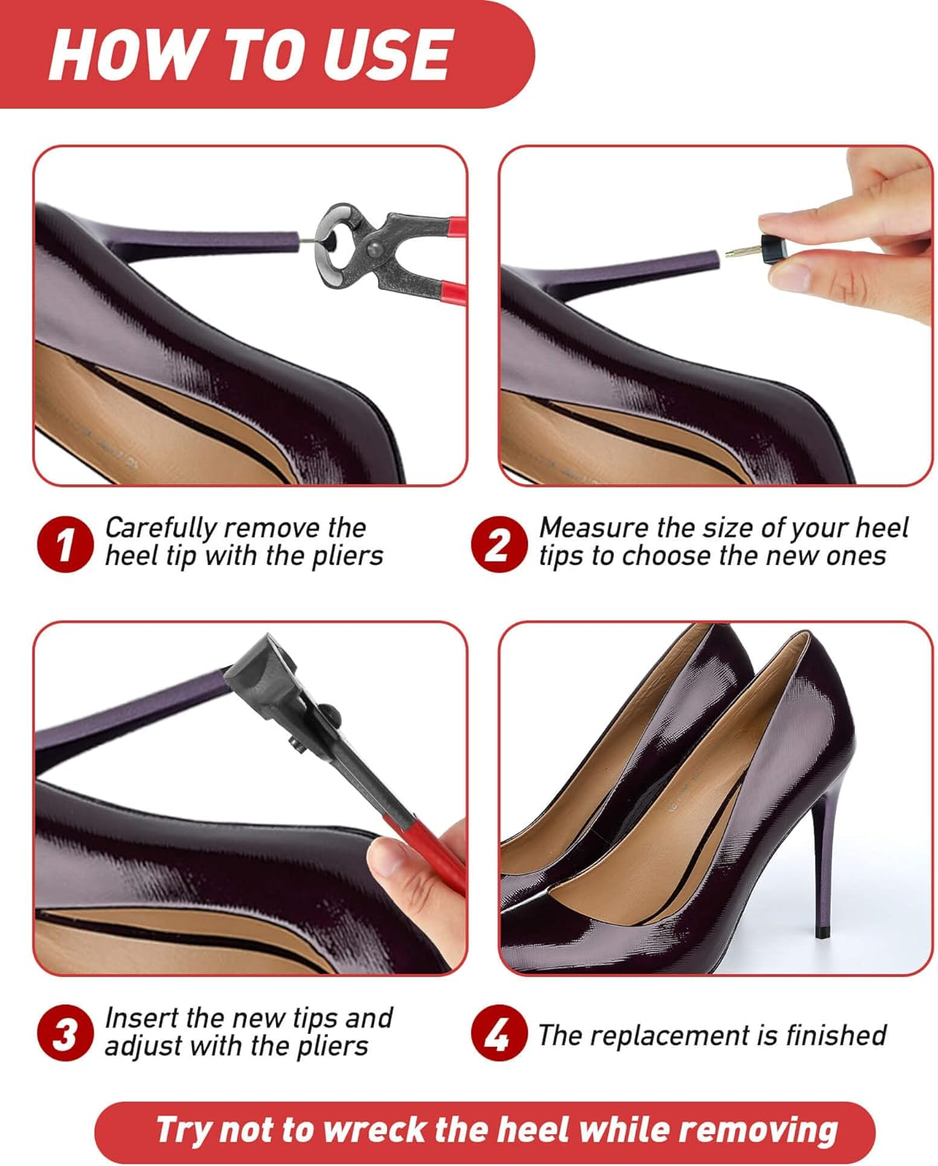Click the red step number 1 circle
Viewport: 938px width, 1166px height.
click(x=65, y=545)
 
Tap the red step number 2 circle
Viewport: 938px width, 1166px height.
click(x=498, y=545)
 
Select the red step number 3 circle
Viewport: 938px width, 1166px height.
click(x=65, y=1034)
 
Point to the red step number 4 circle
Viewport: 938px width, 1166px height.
click(x=498, y=1034)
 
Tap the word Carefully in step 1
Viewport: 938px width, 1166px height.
click(x=161, y=529)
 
